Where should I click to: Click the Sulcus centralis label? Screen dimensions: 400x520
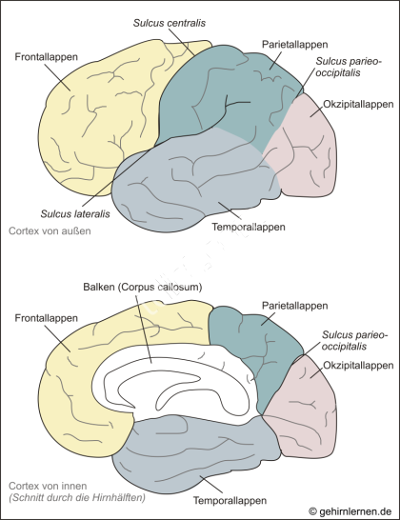pyautogui.click(x=170, y=23)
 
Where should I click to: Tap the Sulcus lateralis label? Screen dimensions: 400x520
pyautogui.click(x=75, y=214)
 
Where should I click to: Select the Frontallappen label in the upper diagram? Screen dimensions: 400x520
pyautogui.click(x=46, y=57)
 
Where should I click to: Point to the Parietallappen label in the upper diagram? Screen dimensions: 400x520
pyautogui.click(x=295, y=45)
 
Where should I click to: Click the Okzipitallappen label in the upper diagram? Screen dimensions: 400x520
pyautogui.click(x=358, y=104)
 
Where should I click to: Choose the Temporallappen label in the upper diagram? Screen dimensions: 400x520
pyautogui.click(x=249, y=228)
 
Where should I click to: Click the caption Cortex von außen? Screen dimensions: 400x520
pyautogui.click(x=50, y=230)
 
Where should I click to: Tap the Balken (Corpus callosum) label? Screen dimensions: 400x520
pyautogui.click(x=143, y=287)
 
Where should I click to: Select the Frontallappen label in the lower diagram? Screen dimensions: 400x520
pyautogui.click(x=46, y=318)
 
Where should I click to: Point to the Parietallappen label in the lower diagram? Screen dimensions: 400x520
pyautogui.click(x=295, y=306)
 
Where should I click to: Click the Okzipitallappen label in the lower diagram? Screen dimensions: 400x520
pyautogui.click(x=358, y=366)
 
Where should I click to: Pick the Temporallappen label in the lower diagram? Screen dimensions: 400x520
pyautogui.click(x=230, y=500)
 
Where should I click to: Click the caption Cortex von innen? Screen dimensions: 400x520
pyautogui.click(x=48, y=486)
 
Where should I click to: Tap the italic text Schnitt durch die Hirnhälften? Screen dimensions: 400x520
pyautogui.click(x=77, y=498)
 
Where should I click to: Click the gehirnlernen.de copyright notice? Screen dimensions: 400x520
pyautogui.click(x=350, y=511)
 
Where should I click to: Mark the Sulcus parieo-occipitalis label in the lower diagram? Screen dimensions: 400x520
pyautogui.click(x=354, y=341)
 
